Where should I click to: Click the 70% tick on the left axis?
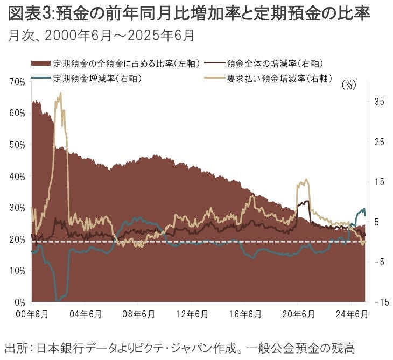pyautogui.click(x=16, y=81)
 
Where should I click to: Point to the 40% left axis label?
pyautogui.click(x=16, y=176)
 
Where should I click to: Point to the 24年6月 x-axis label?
pyautogui.click(x=351, y=314)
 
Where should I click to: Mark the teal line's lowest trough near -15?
pyautogui.click(x=58, y=300)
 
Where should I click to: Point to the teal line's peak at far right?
pyautogui.click(x=364, y=209)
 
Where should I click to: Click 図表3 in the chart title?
pyautogui.click(x=27, y=13)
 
